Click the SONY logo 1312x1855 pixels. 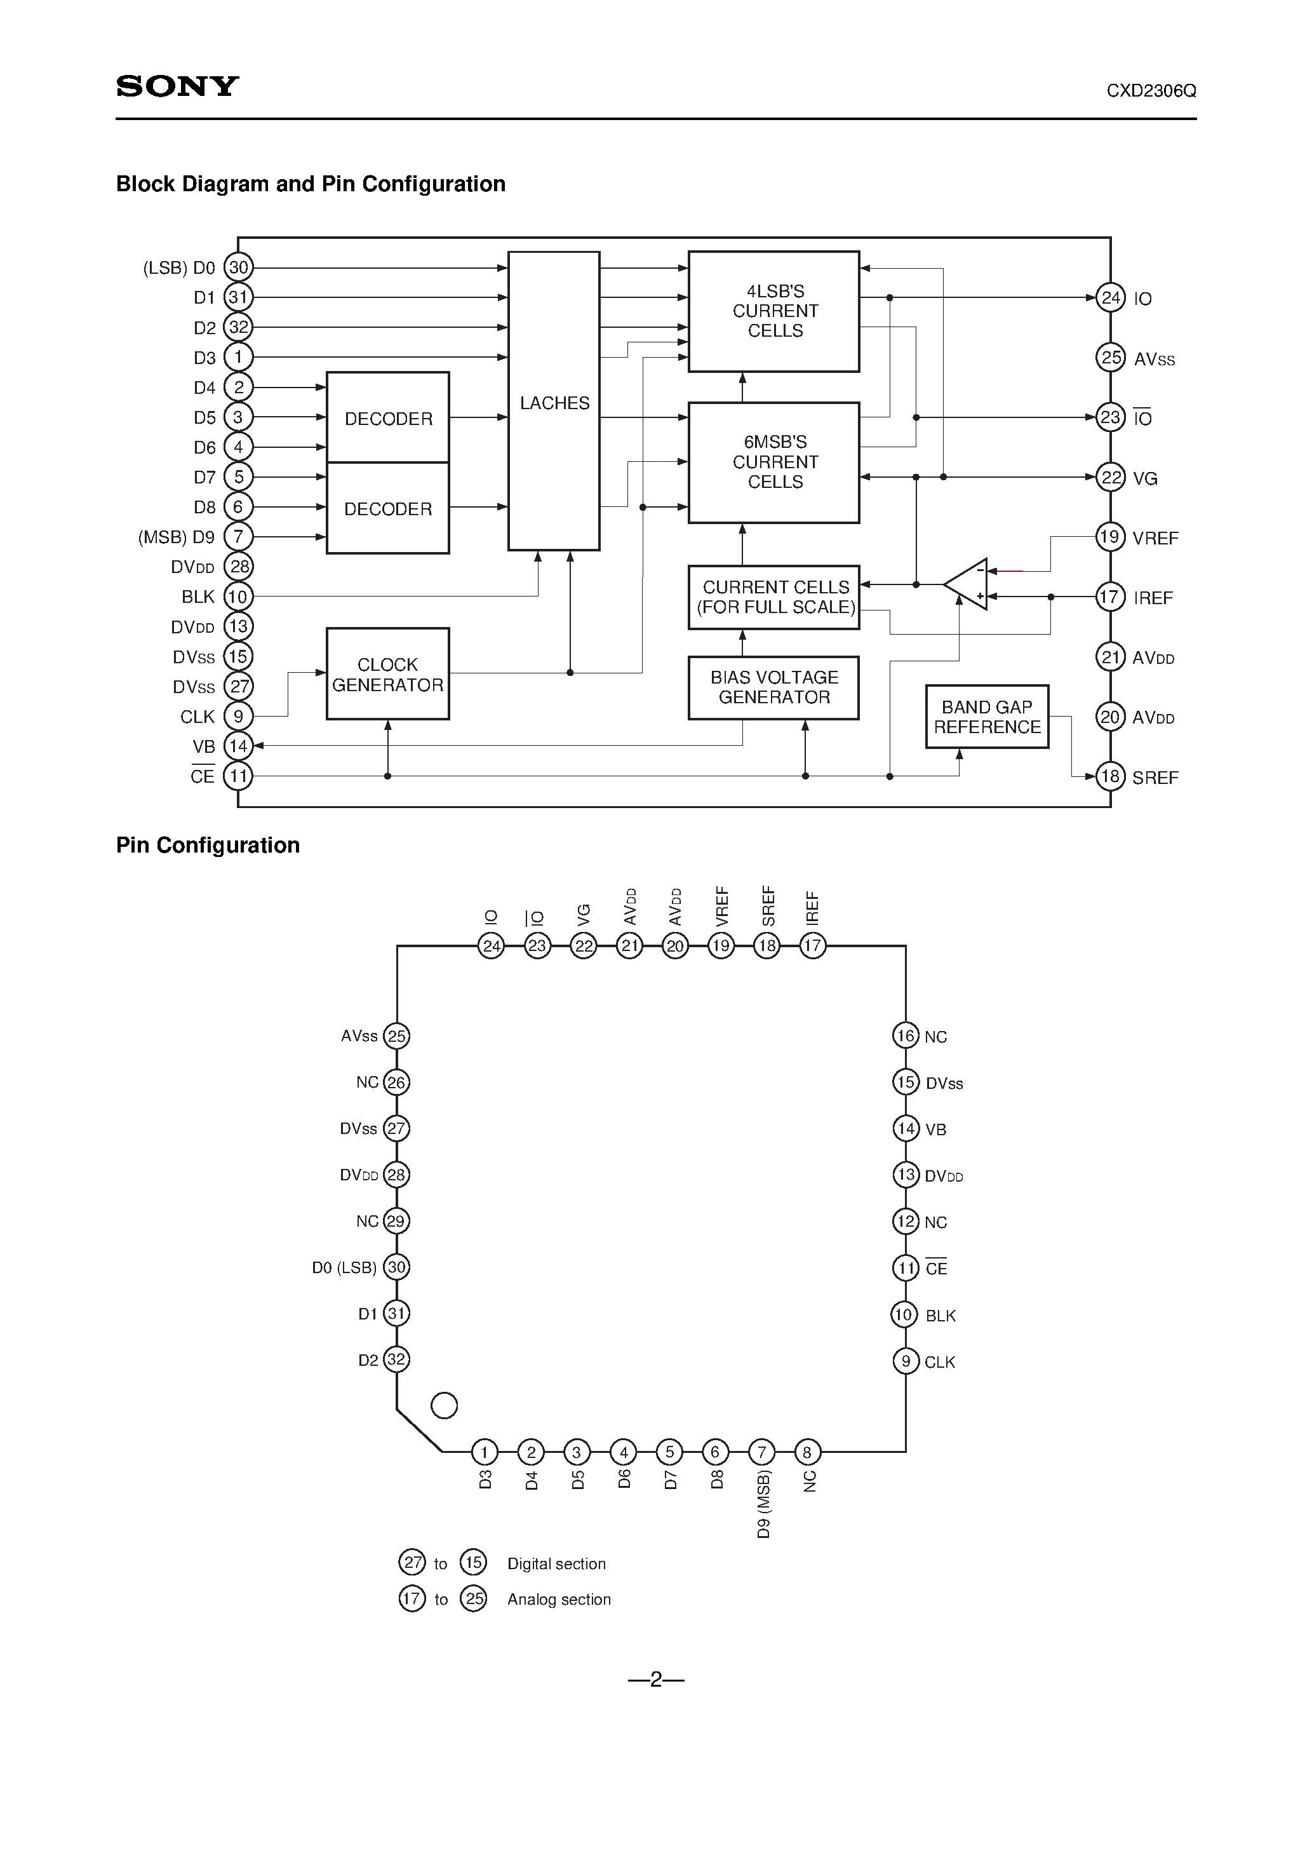(x=178, y=86)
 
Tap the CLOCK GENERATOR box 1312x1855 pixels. (x=388, y=674)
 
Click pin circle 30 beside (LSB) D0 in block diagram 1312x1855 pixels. (x=238, y=267)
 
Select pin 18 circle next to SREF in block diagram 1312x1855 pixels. (x=1110, y=776)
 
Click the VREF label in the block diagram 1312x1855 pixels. (x=1155, y=538)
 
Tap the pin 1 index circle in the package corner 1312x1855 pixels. (x=445, y=1406)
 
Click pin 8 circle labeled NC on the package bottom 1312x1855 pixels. (x=807, y=1452)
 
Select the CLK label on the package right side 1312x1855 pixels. (x=940, y=1362)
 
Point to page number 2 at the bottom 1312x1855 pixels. (x=655, y=1680)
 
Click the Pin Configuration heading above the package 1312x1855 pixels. (x=208, y=845)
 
